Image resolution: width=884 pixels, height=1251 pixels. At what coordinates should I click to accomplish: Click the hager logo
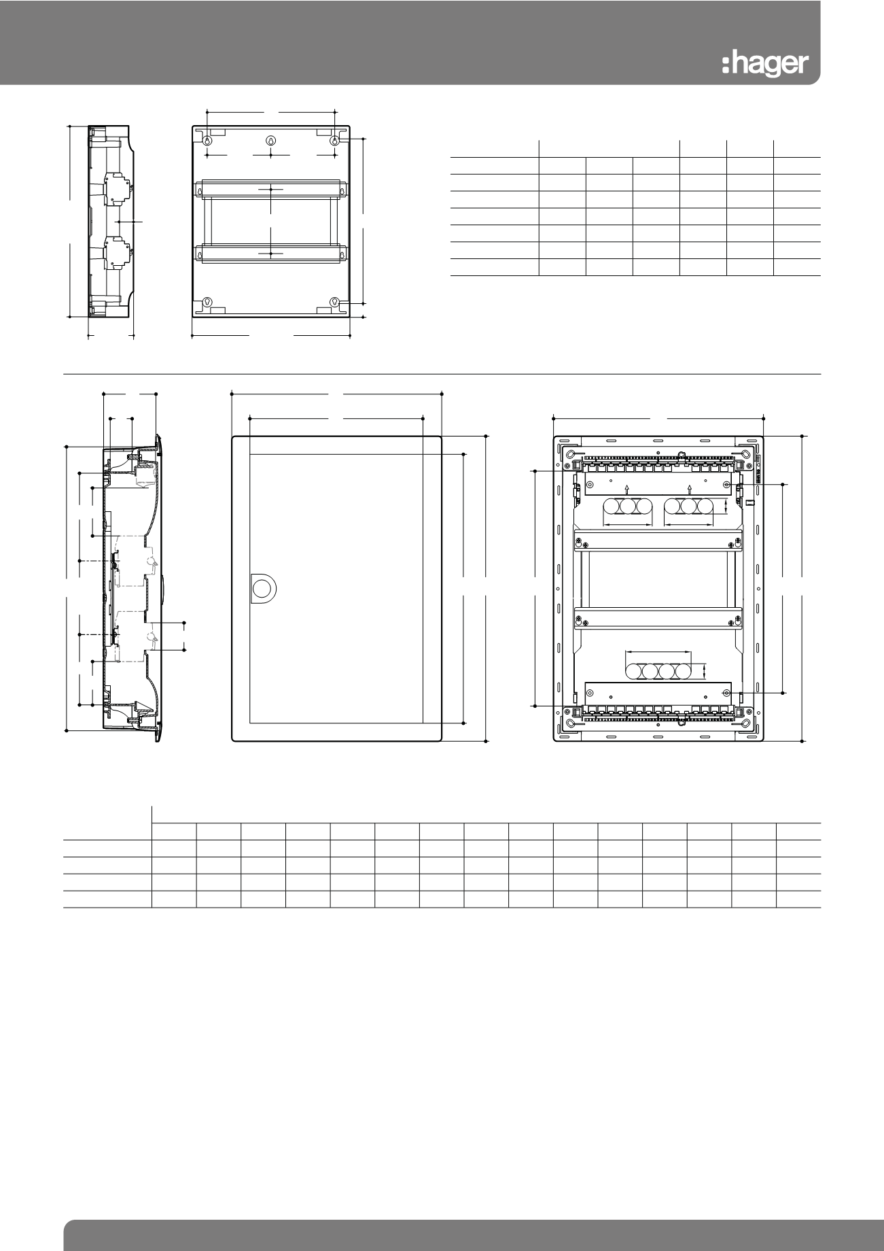(x=764, y=65)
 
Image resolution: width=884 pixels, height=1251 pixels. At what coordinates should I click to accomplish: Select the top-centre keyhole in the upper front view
(x=270, y=141)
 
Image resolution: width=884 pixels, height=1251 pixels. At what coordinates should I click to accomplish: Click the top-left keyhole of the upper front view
(x=207, y=141)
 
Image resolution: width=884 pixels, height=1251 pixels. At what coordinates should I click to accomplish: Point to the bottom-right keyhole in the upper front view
(x=334, y=302)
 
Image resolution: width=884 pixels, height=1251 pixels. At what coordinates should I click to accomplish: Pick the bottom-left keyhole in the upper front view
(x=208, y=302)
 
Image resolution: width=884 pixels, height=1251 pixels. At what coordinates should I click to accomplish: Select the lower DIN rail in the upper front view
(x=270, y=253)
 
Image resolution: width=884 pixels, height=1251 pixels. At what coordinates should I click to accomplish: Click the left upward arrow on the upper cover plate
(x=626, y=488)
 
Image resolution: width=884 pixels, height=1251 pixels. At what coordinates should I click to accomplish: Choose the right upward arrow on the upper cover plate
(x=690, y=488)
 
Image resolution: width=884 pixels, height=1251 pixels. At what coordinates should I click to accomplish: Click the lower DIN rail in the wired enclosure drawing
(x=658, y=618)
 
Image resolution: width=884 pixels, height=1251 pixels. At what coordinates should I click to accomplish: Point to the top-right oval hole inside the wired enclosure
(x=745, y=455)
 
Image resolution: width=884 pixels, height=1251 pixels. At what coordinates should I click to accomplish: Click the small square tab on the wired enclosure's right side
(x=749, y=504)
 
